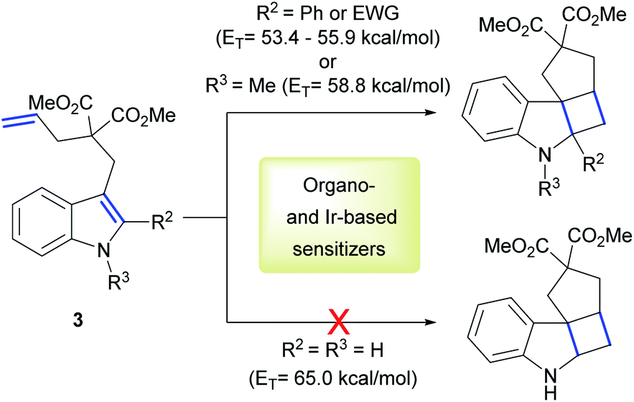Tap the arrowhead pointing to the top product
[x=431, y=112]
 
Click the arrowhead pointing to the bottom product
[x=431, y=322]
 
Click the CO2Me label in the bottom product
[x=598, y=236]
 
